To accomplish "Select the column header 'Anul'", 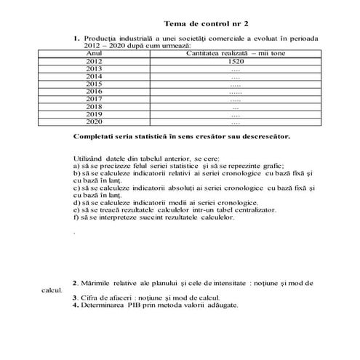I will point(95,54).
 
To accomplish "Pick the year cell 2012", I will point(95,62).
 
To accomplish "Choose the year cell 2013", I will point(95,69).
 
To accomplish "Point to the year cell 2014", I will point(95,76).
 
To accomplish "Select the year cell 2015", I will point(95,84).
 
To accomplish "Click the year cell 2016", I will point(95,92).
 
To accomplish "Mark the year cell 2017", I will point(95,100).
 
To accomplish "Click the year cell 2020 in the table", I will point(95,122).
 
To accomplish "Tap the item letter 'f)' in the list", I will point(76,217).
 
